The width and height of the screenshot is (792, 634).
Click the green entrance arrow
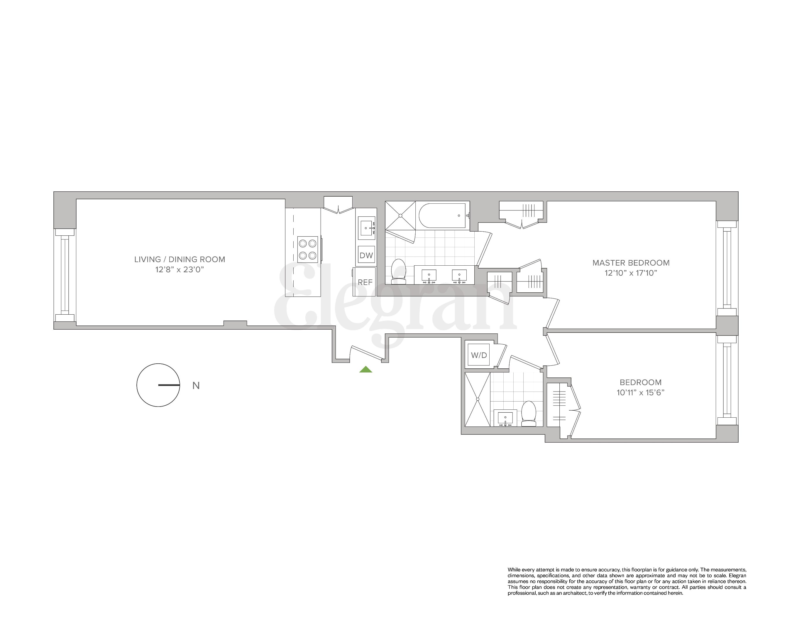[365, 370]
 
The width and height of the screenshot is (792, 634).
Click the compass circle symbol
[158, 385]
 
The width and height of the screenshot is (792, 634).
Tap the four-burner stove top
[307, 249]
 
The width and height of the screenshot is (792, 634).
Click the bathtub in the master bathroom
[442, 216]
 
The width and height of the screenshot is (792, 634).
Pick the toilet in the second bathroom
[529, 414]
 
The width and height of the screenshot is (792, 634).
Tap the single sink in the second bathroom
[505, 418]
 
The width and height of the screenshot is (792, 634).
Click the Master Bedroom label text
[631, 263]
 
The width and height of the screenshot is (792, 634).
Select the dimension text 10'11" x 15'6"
[640, 392]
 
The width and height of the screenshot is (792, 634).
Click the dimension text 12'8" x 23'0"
[179, 270]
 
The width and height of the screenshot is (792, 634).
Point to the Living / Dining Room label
[179, 259]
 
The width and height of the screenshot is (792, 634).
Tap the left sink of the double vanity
[429, 276]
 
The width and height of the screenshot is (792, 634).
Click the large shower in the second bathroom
[477, 399]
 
